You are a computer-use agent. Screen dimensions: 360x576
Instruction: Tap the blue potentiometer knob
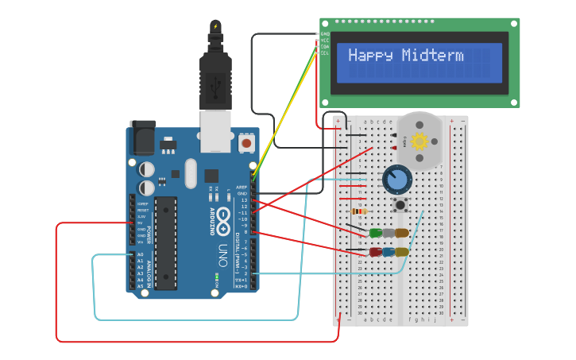396,180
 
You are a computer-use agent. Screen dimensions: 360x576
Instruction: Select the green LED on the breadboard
376,233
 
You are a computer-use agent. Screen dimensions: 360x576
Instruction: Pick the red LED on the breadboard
376,252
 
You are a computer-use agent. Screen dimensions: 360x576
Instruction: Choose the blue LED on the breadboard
389,252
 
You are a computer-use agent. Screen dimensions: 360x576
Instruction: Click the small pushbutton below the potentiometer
400,204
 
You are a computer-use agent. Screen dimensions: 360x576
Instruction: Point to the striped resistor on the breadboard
359,211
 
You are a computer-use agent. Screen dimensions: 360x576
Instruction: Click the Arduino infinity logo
225,215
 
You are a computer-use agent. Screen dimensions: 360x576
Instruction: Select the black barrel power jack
143,137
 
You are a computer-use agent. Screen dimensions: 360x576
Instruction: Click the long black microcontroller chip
165,242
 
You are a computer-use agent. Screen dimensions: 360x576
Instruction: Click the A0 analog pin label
141,254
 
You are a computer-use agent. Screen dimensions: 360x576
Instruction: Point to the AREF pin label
242,187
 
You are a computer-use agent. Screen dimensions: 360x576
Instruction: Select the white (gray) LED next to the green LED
389,233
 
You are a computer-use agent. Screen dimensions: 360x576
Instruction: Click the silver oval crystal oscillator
190,173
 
